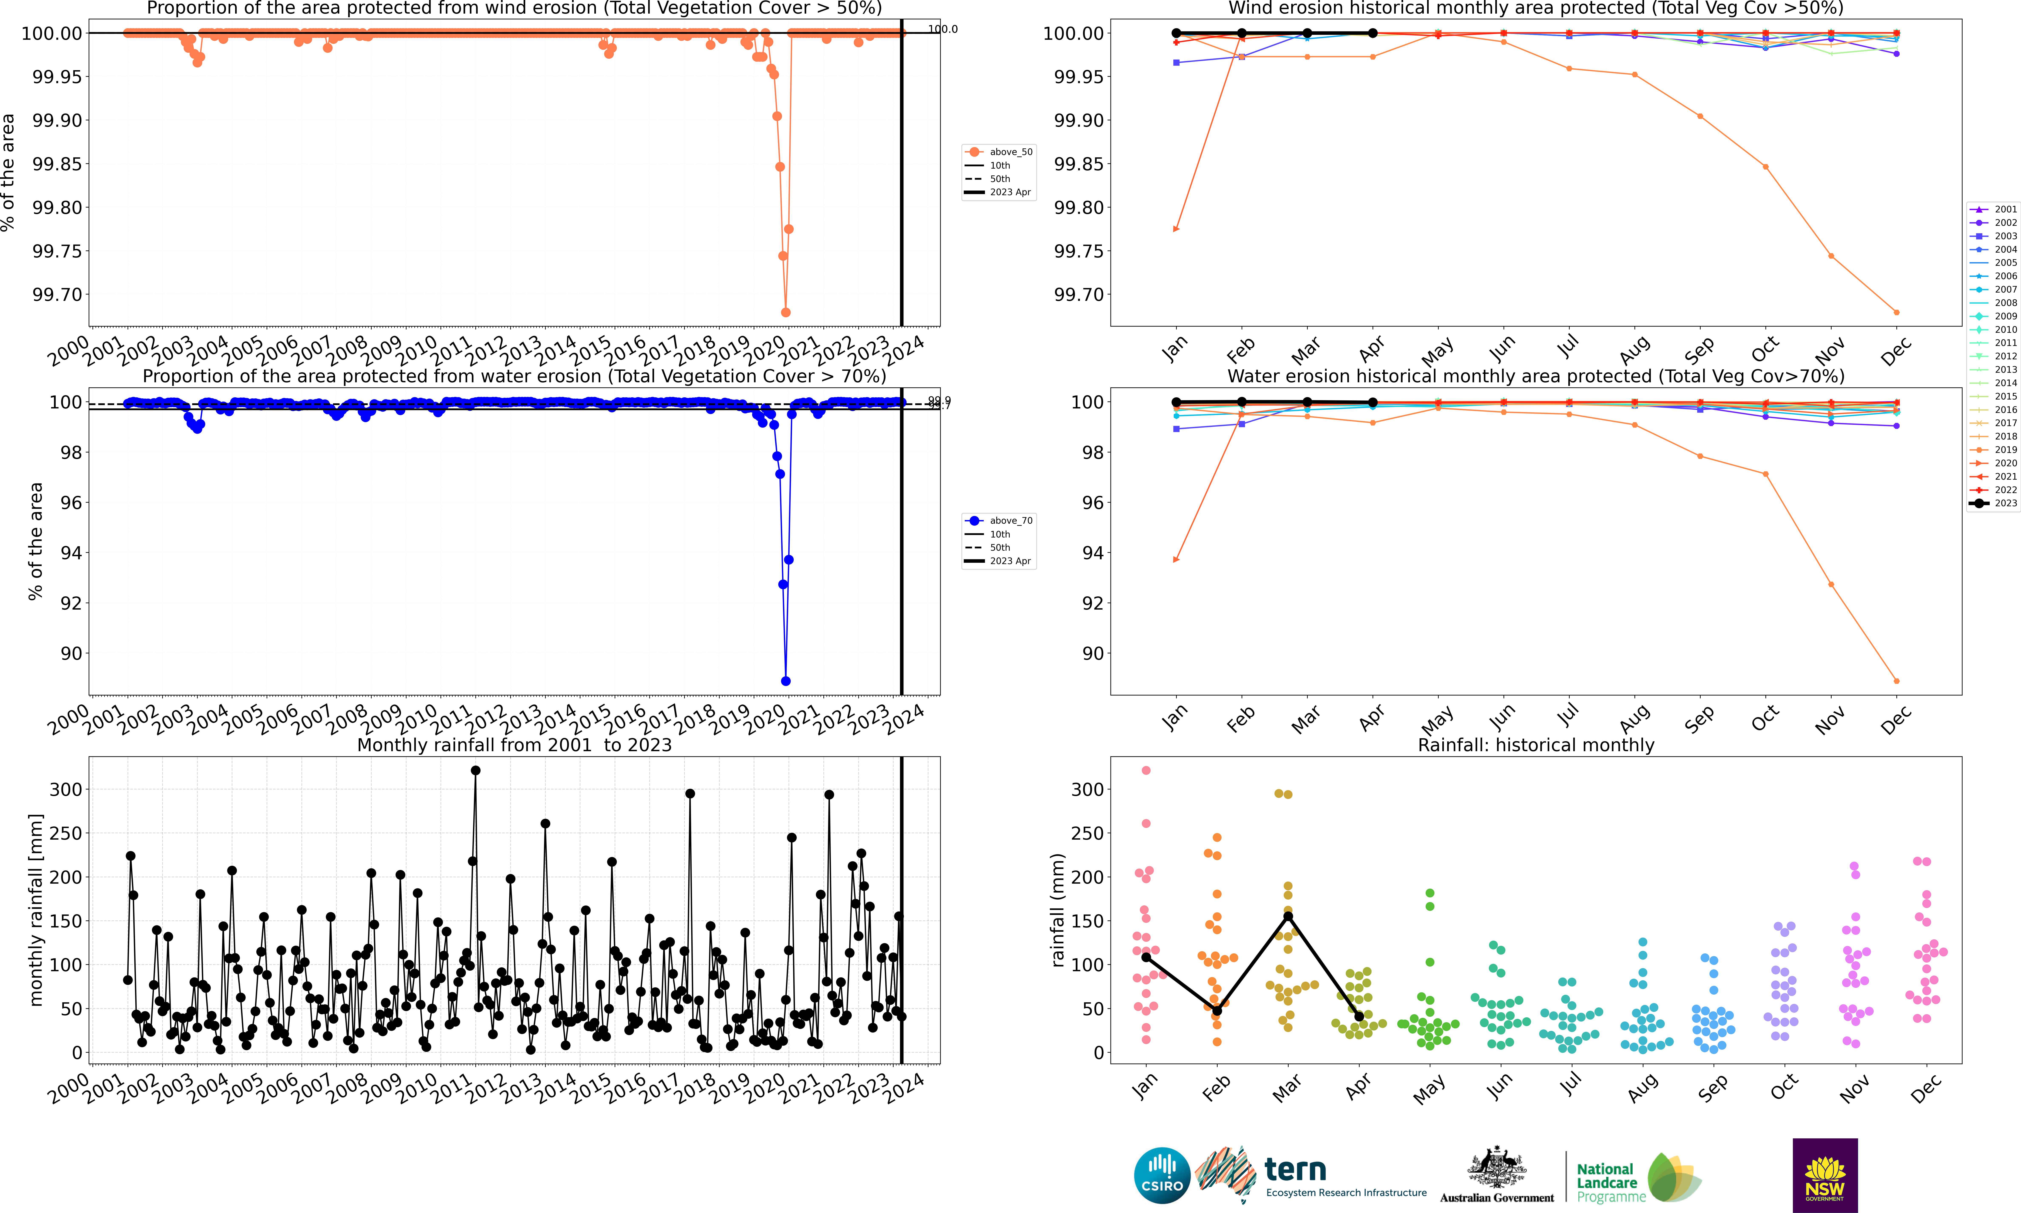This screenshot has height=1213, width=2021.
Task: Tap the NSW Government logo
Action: [x=1825, y=1175]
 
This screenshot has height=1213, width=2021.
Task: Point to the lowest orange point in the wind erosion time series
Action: [x=785, y=312]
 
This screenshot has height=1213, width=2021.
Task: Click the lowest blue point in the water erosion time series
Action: [x=785, y=681]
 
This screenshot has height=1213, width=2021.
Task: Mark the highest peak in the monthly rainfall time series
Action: [x=476, y=770]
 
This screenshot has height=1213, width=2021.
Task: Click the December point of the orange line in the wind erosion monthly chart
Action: [x=1896, y=312]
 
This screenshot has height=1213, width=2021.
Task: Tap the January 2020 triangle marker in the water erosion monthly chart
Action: [x=1176, y=560]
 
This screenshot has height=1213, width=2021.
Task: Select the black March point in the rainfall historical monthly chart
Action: [x=1288, y=916]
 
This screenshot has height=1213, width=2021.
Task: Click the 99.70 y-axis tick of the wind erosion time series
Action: [x=57, y=294]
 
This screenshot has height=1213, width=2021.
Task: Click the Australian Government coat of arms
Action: [x=1496, y=1167]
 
